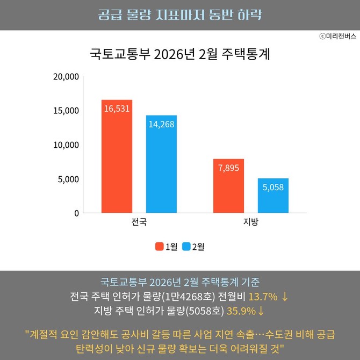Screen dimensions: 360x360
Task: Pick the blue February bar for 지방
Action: (273, 196)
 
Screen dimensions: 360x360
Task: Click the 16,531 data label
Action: (117, 109)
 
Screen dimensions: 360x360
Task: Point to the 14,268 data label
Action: (161, 124)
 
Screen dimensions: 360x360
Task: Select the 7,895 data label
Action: (228, 168)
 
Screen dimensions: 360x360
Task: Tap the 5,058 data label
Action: (273, 188)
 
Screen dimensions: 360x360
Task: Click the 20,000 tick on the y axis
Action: (66, 76)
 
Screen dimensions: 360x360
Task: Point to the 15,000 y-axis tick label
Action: (66, 111)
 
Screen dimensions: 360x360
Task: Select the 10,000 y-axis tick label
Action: (66, 145)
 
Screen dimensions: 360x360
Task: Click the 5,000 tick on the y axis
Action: (68, 179)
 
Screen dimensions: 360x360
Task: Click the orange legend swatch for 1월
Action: (160, 247)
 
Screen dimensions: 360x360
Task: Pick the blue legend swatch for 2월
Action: (186, 247)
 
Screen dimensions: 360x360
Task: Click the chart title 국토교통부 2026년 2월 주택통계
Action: (179, 55)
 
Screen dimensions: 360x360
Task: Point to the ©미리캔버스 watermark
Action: (337, 36)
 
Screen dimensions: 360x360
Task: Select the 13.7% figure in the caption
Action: (263, 297)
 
